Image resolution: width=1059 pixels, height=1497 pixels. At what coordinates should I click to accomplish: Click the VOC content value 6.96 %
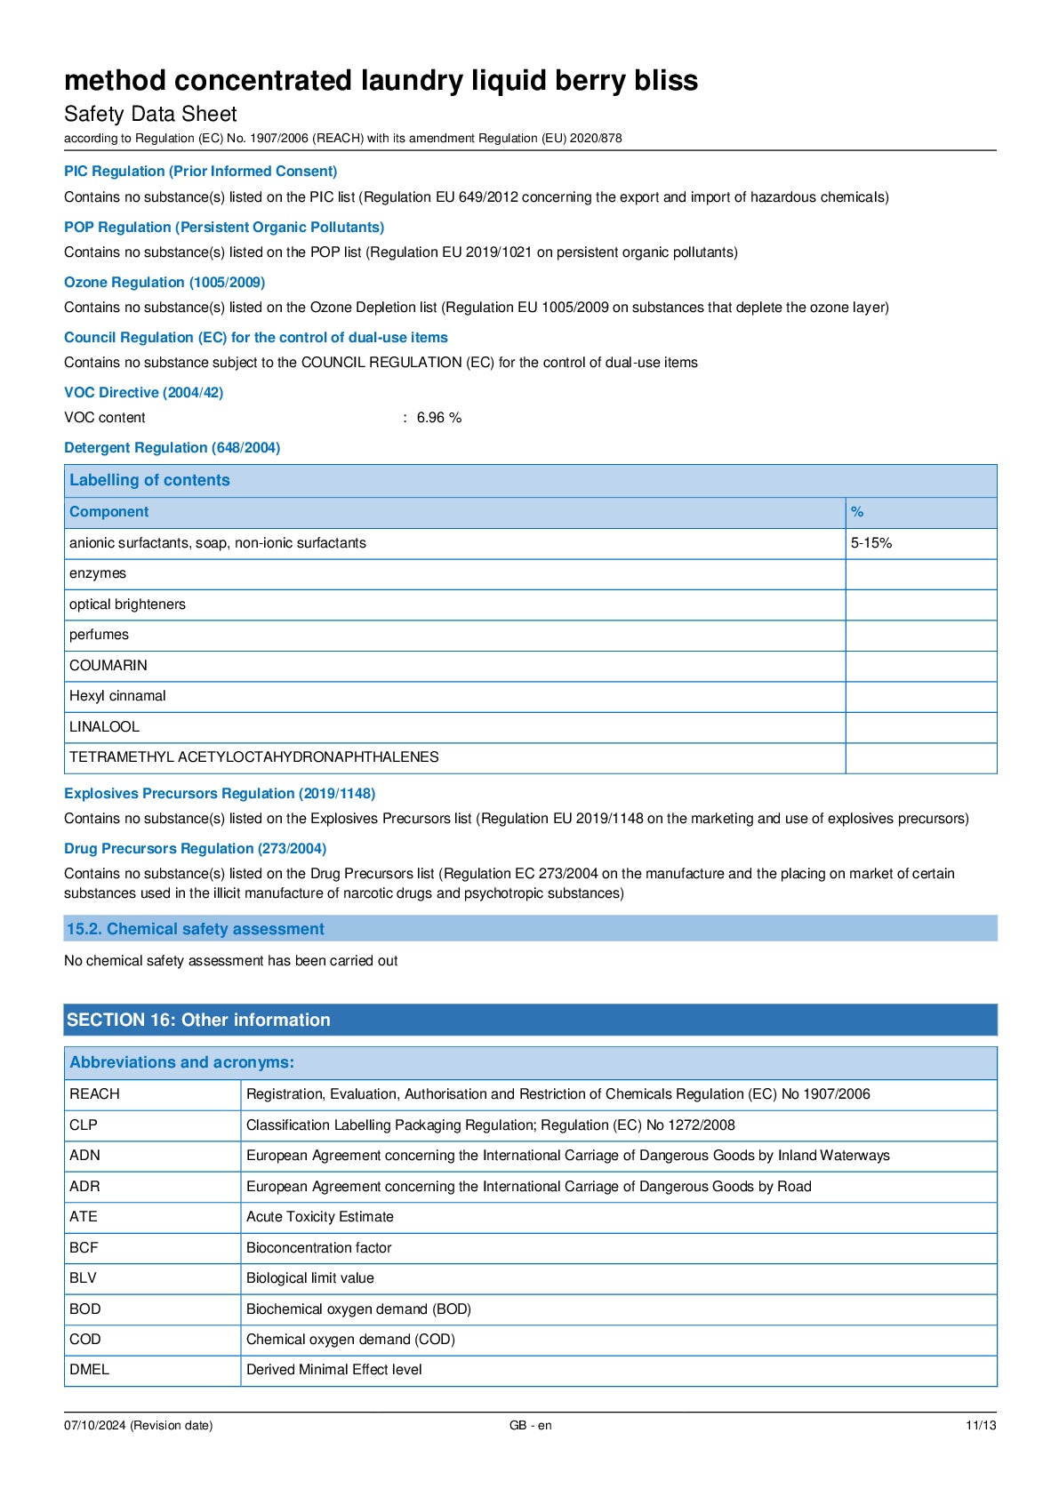438,418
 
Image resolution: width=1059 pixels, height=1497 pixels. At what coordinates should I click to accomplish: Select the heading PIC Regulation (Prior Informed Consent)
200,172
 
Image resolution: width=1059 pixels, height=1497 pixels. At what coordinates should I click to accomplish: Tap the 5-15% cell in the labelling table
870,543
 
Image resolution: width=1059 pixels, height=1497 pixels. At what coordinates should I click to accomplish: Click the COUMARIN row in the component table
108,666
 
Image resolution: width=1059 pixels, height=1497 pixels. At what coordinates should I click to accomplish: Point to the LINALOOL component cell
104,727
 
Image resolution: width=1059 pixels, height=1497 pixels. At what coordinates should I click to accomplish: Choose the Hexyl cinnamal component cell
117,696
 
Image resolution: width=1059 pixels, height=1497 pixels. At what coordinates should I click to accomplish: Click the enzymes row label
98,573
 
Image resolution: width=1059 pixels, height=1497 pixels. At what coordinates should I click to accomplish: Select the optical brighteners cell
127,604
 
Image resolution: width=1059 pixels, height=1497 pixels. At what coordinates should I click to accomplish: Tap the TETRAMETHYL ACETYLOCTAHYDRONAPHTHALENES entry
253,757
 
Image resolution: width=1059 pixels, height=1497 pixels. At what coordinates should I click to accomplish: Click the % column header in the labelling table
857,512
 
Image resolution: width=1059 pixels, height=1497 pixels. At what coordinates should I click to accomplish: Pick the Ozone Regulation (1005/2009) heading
164,283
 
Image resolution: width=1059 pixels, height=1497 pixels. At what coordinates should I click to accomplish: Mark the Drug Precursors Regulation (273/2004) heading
195,849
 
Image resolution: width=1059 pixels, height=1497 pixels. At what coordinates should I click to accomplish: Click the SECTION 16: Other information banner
198,1021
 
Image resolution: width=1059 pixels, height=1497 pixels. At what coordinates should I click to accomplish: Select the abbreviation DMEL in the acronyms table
89,1370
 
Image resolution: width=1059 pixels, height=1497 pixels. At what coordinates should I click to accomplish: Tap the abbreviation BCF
84,1248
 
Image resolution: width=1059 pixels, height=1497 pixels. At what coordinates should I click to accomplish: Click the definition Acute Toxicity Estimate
319,1217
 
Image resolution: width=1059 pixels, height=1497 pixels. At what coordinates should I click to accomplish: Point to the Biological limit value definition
309,1278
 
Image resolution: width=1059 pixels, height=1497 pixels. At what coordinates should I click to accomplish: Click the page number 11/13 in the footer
980,1426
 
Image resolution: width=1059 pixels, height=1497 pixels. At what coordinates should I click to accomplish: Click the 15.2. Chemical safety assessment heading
195,930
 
